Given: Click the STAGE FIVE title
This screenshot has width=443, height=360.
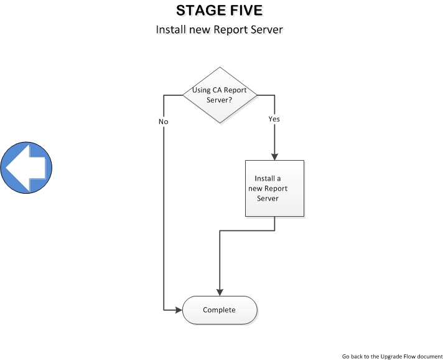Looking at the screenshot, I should [219, 11].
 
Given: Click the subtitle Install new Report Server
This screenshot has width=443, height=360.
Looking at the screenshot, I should [219, 29].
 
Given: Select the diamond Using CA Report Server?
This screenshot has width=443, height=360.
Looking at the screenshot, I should [219, 95].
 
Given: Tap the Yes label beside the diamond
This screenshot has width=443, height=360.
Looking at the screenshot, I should [274, 118].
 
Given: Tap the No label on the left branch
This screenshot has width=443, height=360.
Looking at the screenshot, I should [163, 121].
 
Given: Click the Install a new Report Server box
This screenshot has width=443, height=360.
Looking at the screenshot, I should [274, 188].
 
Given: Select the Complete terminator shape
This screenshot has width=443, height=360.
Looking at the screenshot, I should [219, 310].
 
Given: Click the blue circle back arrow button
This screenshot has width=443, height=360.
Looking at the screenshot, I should [26, 167].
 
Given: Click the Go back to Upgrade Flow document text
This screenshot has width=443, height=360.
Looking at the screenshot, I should [392, 356].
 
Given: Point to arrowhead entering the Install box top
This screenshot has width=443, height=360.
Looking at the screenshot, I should [274, 156].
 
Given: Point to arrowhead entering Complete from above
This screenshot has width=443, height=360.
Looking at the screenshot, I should [219, 292].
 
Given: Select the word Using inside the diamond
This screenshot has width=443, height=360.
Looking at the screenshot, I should [202, 90].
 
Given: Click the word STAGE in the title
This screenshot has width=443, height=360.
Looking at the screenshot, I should [198, 11].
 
